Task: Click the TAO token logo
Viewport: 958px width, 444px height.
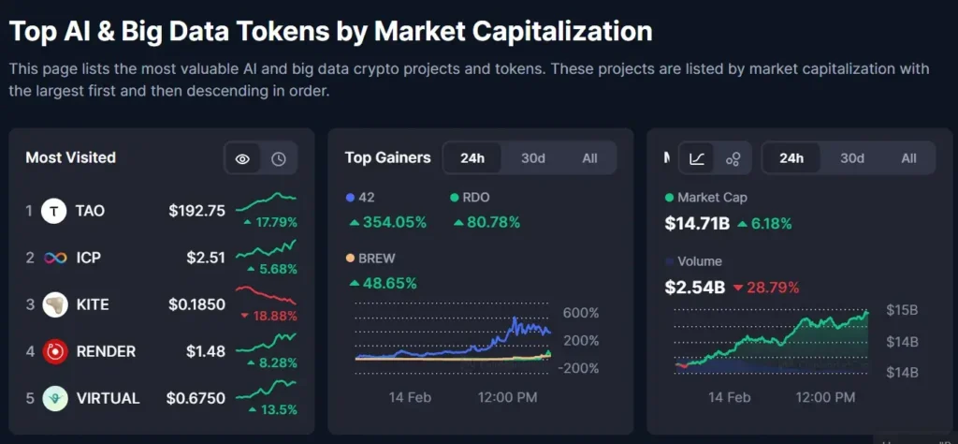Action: (x=54, y=211)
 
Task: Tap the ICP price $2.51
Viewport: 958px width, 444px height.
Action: (x=205, y=258)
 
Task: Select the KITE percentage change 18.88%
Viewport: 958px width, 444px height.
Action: (x=269, y=316)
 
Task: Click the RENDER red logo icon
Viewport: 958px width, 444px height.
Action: (x=54, y=351)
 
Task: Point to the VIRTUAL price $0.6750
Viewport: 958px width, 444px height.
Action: (x=196, y=398)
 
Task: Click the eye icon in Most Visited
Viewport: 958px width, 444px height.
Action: (x=242, y=158)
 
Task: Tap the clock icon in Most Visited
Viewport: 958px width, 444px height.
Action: (x=279, y=158)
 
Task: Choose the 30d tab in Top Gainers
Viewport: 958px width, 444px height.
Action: (x=533, y=157)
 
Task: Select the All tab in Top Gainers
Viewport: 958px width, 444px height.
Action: (x=589, y=157)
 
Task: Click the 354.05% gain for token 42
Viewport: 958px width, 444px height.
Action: (x=387, y=222)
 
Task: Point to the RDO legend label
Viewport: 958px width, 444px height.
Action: (x=475, y=198)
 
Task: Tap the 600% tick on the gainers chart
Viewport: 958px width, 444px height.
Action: (x=580, y=313)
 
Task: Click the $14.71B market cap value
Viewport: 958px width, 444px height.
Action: (x=697, y=223)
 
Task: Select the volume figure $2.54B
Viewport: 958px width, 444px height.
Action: (x=695, y=287)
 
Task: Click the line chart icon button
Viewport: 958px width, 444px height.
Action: (x=697, y=158)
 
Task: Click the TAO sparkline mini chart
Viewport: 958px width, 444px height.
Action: (x=266, y=200)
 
